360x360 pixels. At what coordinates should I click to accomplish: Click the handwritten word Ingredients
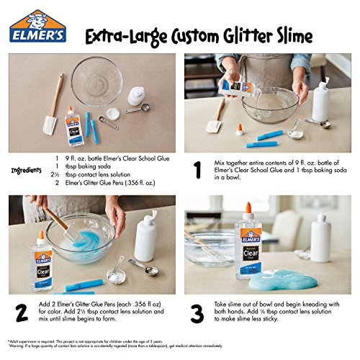[27, 171]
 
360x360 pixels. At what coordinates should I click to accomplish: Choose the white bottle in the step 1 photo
[320, 101]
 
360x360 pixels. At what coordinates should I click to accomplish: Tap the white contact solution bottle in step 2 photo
[146, 238]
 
